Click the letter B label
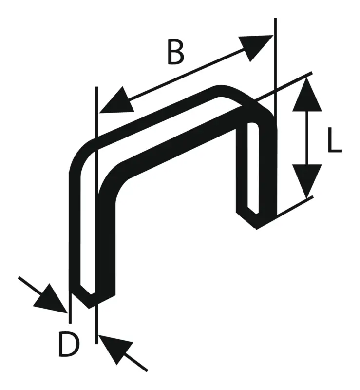click(x=175, y=52)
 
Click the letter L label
click(x=335, y=139)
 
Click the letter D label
click(x=69, y=345)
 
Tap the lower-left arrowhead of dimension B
click(x=116, y=101)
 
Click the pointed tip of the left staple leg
click(x=89, y=308)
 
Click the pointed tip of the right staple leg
click(x=256, y=229)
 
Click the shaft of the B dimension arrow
click(x=186, y=74)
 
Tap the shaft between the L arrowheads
click(x=307, y=138)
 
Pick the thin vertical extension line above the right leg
click(x=275, y=67)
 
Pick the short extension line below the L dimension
click(x=295, y=206)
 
